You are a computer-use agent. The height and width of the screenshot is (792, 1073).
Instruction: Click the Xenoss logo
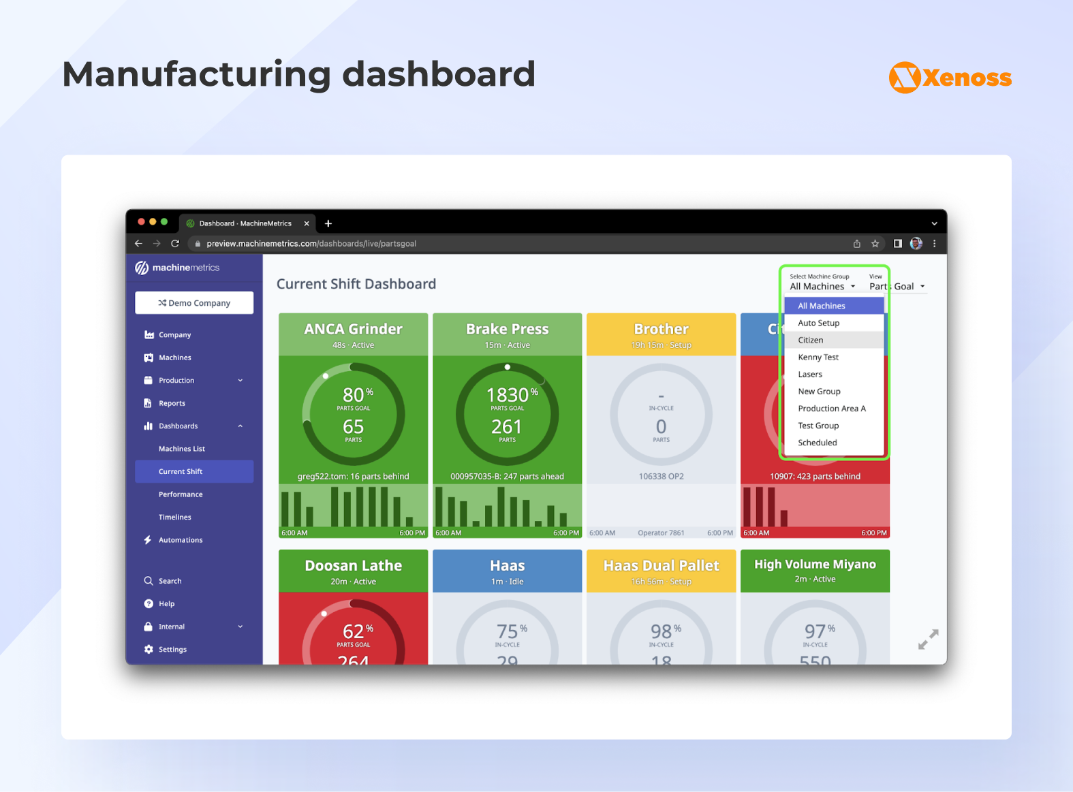(950, 78)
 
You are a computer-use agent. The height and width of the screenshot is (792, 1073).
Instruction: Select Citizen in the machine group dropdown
(811, 340)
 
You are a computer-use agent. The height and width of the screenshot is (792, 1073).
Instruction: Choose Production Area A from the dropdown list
(832, 409)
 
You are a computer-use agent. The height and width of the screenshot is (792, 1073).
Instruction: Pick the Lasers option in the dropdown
(810, 375)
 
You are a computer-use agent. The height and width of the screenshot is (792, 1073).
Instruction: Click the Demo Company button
(194, 303)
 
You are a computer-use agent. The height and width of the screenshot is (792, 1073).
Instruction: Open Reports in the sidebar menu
(172, 403)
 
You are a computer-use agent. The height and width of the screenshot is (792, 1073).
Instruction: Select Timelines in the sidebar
(175, 518)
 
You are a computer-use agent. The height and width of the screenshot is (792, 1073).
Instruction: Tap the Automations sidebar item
(181, 540)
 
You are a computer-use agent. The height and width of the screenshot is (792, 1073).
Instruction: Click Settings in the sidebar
(172, 650)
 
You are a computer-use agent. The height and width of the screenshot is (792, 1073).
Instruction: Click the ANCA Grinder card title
(353, 329)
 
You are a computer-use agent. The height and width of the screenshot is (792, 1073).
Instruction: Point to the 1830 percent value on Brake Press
(508, 395)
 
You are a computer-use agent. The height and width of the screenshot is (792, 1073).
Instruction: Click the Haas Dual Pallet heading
(661, 566)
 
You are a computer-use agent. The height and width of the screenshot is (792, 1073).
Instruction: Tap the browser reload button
(175, 244)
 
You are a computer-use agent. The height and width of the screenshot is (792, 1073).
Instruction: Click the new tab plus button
(328, 223)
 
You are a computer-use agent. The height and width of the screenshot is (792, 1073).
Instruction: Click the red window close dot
(141, 222)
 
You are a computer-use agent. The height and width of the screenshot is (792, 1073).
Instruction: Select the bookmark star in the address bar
(875, 244)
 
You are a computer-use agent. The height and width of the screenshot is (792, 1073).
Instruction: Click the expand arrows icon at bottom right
(928, 639)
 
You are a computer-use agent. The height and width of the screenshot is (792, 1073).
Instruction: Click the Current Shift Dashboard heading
(356, 284)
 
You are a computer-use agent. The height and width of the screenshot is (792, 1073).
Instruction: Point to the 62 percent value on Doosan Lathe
(354, 631)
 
